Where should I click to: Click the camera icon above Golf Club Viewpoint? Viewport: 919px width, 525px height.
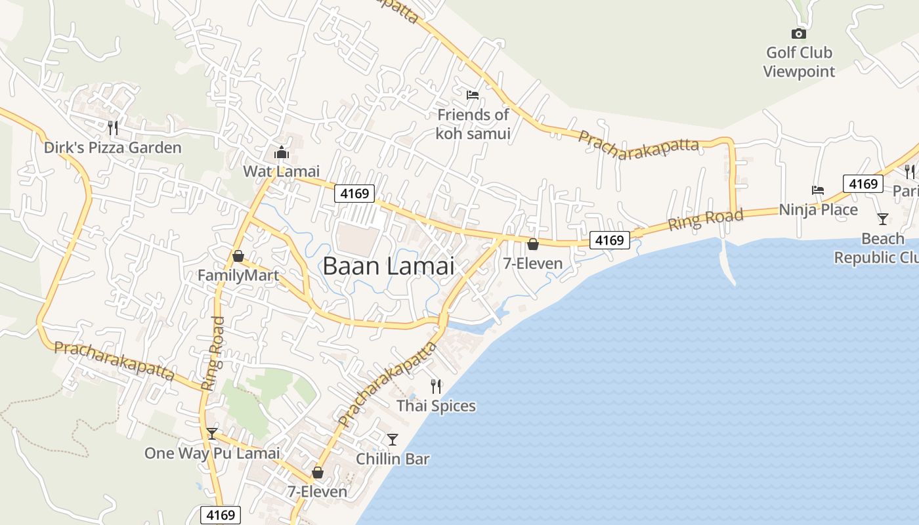click(x=798, y=33)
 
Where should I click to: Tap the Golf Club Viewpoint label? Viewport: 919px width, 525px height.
click(x=799, y=62)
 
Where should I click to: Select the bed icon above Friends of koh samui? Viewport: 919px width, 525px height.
click(x=472, y=95)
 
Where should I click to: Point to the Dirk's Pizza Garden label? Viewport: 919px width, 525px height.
click(x=112, y=148)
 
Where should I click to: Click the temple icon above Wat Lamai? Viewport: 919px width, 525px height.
click(x=282, y=154)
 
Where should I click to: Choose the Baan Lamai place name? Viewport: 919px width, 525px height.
click(x=389, y=266)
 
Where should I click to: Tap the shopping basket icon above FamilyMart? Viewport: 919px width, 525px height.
click(x=238, y=256)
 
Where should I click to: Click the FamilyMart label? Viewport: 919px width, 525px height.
click(x=238, y=276)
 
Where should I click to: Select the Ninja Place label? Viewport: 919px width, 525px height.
click(x=818, y=210)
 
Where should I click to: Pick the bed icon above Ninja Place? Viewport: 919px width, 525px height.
click(x=818, y=190)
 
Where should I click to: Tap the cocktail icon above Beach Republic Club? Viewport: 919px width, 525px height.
click(x=883, y=219)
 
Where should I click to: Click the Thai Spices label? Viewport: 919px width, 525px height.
click(x=436, y=406)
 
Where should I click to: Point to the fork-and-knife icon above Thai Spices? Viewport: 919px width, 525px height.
click(x=436, y=387)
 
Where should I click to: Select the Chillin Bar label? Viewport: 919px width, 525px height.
click(x=393, y=459)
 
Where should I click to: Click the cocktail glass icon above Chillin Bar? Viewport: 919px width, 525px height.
click(x=393, y=439)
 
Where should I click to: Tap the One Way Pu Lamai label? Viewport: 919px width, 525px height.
click(x=212, y=453)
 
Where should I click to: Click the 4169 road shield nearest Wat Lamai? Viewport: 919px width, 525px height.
click(x=354, y=194)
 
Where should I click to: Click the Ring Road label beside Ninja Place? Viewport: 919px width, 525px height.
click(x=706, y=220)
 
